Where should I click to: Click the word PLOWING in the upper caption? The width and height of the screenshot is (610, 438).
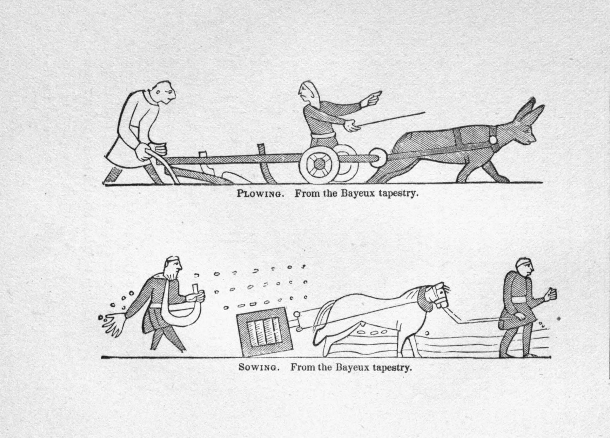pos(261,194)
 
